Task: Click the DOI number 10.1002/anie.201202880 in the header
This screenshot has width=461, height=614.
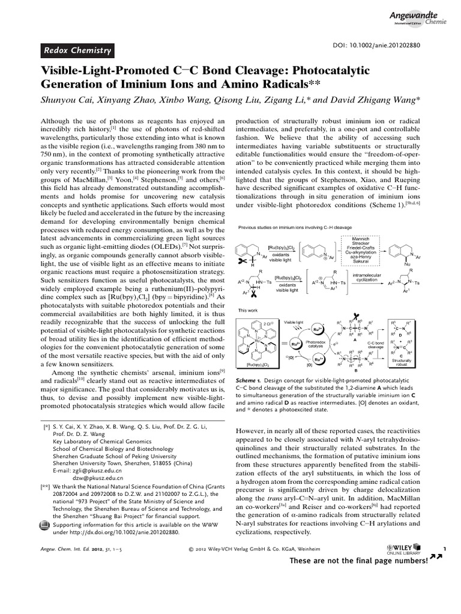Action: [393, 46]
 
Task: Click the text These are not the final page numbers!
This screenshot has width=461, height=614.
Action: [358, 561]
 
